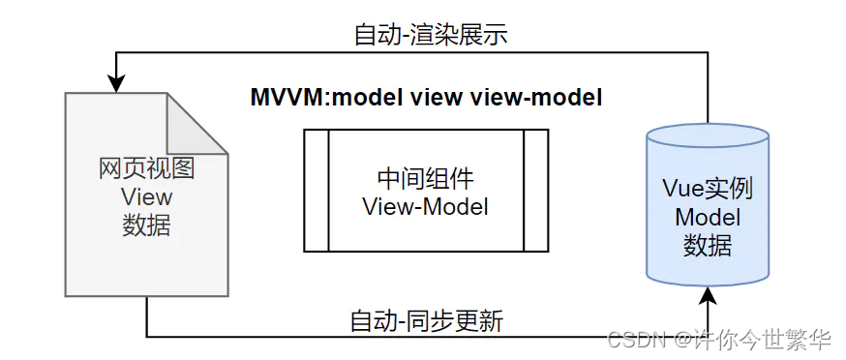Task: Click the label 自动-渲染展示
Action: pos(431,35)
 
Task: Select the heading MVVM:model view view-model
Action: pos(426,98)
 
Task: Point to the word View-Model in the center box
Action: pos(425,205)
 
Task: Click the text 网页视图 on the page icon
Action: pos(146,168)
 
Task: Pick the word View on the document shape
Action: pos(146,196)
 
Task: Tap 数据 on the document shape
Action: pos(146,225)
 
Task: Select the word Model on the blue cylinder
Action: pos(707,217)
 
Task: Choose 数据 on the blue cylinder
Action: pos(707,245)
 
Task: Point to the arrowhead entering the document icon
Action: pos(115,84)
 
